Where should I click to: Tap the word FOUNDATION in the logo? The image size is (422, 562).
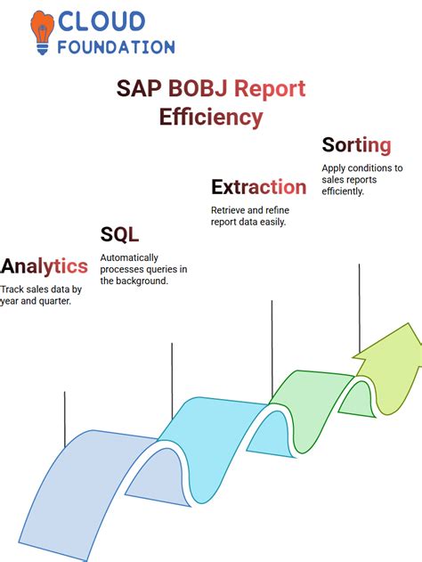[117, 46]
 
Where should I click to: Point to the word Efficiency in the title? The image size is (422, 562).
[211, 117]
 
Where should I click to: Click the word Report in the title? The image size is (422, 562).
[271, 88]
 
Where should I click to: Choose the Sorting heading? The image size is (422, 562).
[356, 144]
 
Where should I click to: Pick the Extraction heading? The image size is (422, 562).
[258, 186]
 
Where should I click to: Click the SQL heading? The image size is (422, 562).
[118, 234]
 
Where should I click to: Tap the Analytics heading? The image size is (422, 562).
[45, 265]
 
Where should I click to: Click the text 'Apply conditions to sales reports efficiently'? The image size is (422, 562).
[361, 179]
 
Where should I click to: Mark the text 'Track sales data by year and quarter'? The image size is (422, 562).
[40, 294]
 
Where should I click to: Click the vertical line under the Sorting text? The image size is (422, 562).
[359, 307]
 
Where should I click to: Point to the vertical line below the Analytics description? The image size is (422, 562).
[65, 419]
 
